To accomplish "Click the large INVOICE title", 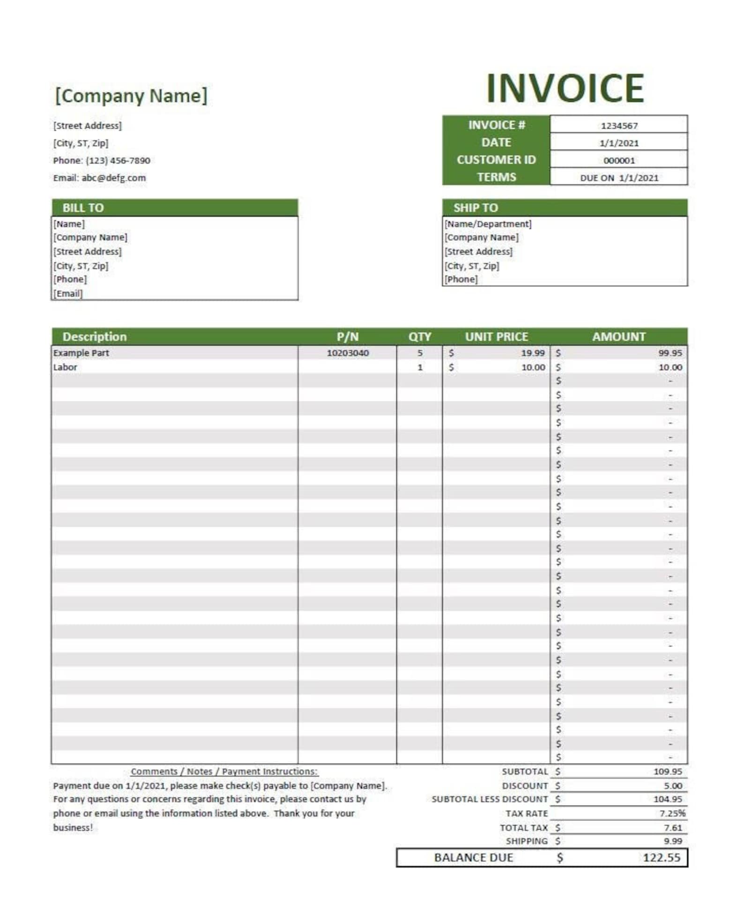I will (x=565, y=88).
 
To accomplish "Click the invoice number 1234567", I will (x=619, y=126).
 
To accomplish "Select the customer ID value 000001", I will (x=619, y=161).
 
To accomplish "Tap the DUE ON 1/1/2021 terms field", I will (x=619, y=178).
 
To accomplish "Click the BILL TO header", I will (x=83, y=208).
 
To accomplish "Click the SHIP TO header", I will (x=475, y=208).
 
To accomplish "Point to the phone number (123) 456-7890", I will (x=118, y=161).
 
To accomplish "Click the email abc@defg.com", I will (x=113, y=178).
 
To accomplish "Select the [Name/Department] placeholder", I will (x=488, y=224).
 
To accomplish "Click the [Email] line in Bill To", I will (x=68, y=294).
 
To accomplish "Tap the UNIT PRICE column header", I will (x=496, y=337).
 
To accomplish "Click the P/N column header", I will (x=347, y=337).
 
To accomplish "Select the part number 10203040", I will (x=348, y=353).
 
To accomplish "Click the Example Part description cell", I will (x=81, y=353).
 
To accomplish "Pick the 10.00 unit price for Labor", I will (x=533, y=367).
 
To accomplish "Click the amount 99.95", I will (x=670, y=353).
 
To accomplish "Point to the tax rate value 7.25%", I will (x=672, y=813).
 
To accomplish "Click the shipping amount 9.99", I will (x=673, y=841).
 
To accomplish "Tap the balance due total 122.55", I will (x=661, y=857).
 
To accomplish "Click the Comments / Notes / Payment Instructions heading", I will (x=224, y=771).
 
